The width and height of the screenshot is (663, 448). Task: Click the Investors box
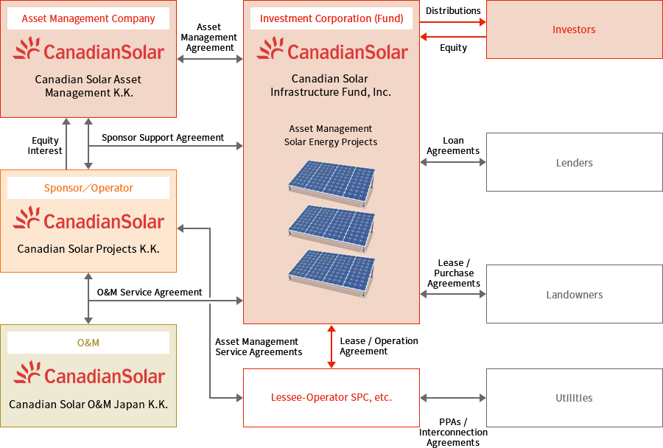(574, 29)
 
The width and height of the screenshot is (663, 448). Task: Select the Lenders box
(574, 163)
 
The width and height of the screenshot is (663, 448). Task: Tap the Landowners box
(574, 295)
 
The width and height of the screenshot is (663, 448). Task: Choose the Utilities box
(574, 398)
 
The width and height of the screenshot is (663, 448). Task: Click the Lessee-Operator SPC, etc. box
(331, 398)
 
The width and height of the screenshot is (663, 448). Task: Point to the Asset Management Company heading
(88, 18)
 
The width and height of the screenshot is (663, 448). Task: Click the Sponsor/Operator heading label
(88, 188)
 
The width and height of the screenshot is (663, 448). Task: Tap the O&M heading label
(88, 343)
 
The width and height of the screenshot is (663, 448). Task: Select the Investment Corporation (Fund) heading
(331, 18)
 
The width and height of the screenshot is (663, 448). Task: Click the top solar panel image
(331, 181)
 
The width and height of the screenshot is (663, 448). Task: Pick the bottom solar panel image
(331, 268)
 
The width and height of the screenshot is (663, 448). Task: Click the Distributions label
(453, 11)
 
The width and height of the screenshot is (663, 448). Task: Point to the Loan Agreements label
(453, 146)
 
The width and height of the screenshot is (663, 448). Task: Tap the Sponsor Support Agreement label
(163, 138)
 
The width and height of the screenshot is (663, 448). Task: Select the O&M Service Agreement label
(150, 293)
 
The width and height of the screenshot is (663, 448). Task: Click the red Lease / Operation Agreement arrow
(331, 346)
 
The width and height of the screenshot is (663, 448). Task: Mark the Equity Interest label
(46, 146)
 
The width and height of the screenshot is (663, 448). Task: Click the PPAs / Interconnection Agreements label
(453, 433)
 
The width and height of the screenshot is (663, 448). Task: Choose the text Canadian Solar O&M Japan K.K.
(88, 405)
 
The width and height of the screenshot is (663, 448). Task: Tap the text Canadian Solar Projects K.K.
(88, 249)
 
